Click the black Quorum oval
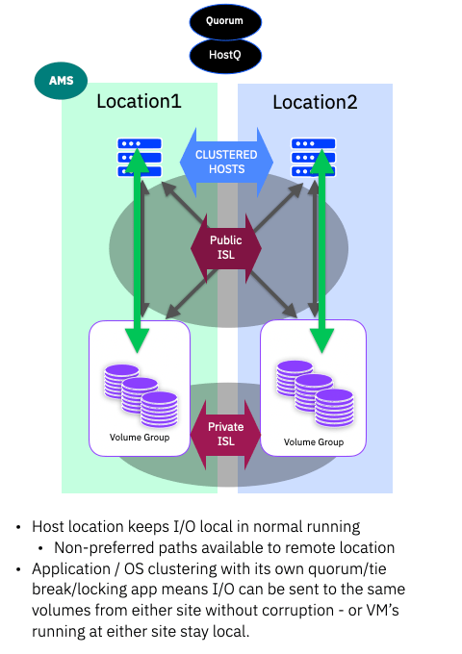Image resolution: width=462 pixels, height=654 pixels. point(225,20)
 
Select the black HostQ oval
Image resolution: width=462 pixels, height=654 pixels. point(225,56)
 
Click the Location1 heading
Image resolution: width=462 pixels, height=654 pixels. point(139,102)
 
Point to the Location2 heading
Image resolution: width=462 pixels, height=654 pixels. point(315,102)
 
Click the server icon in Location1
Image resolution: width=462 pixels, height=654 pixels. point(139,157)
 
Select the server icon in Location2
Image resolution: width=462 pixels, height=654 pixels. point(313,157)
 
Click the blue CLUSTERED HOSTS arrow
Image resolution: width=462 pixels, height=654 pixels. point(226,161)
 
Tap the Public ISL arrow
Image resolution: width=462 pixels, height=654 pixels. point(226,248)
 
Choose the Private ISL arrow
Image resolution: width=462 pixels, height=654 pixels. point(226,434)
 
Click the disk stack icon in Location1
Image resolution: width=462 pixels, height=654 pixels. point(141,393)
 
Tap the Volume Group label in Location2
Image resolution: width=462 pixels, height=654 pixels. point(314,442)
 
